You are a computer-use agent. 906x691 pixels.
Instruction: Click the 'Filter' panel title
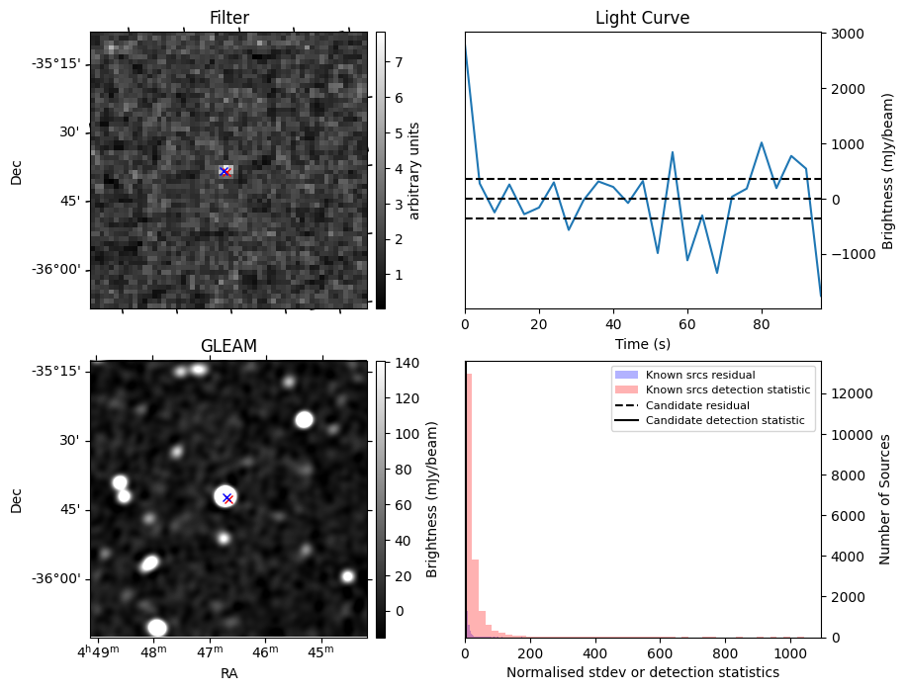228,18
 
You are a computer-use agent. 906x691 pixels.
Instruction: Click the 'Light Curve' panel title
642,18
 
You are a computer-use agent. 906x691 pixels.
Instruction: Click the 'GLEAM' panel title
228,346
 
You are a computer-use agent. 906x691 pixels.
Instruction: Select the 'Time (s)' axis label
642,343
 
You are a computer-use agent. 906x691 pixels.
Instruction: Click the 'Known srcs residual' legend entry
699,376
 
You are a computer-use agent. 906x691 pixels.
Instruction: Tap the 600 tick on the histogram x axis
660,653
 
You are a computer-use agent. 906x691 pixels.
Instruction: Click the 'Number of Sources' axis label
886,499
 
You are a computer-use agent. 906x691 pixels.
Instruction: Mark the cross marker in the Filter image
225,172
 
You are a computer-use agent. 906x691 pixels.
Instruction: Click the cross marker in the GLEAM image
227,498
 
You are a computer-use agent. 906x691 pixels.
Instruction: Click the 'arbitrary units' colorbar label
414,170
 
